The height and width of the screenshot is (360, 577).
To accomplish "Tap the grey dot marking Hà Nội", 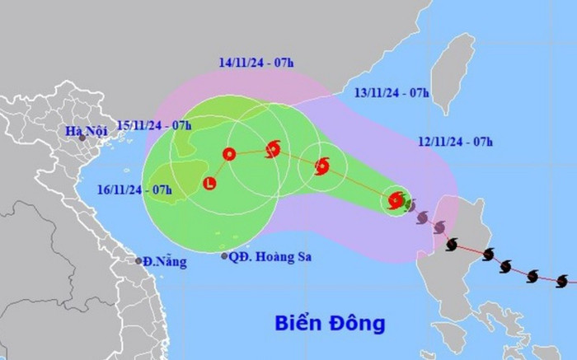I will pos(82,138).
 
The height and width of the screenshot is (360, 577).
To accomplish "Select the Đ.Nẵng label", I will pos(166,262).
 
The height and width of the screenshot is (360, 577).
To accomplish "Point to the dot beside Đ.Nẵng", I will pos(138,260).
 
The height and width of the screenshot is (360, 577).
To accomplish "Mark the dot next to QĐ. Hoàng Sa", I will pos(224,256).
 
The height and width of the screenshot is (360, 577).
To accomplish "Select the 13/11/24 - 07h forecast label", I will pos(392,92).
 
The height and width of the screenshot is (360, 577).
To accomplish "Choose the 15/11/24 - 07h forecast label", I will pos(155,125).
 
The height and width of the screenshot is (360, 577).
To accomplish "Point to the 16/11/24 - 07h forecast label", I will pos(134,190).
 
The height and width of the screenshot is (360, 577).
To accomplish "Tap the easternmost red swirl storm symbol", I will pos(396,199).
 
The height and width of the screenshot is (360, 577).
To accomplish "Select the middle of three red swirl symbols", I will pos(321,166).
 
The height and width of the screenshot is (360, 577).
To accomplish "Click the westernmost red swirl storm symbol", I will pos(273,149).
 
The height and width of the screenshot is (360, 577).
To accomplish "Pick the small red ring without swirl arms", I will pos(228,153).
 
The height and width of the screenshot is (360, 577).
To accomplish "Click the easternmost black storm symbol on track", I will pos(562,282).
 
